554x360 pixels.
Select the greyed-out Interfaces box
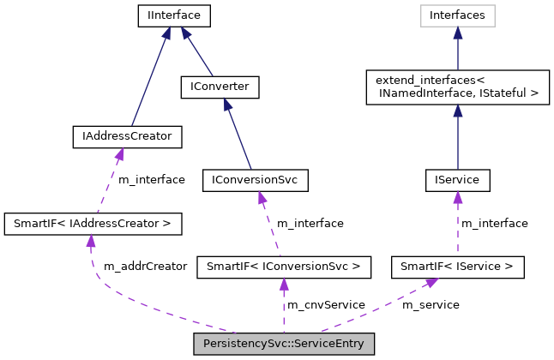click(x=457, y=15)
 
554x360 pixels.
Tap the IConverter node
click(x=220, y=87)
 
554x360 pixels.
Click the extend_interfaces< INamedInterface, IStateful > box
click(x=457, y=87)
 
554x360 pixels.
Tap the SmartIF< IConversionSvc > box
click(x=284, y=267)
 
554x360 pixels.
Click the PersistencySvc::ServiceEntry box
click(x=284, y=345)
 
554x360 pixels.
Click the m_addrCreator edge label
click(x=145, y=267)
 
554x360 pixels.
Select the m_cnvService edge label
click(x=326, y=305)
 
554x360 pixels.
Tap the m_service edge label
click(x=431, y=305)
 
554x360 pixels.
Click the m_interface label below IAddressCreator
click(x=151, y=180)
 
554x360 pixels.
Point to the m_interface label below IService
click(x=495, y=224)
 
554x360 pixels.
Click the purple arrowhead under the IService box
click(x=457, y=197)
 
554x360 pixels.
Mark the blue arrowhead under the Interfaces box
click(x=457, y=33)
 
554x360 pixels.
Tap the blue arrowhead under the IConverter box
click(x=226, y=104)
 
